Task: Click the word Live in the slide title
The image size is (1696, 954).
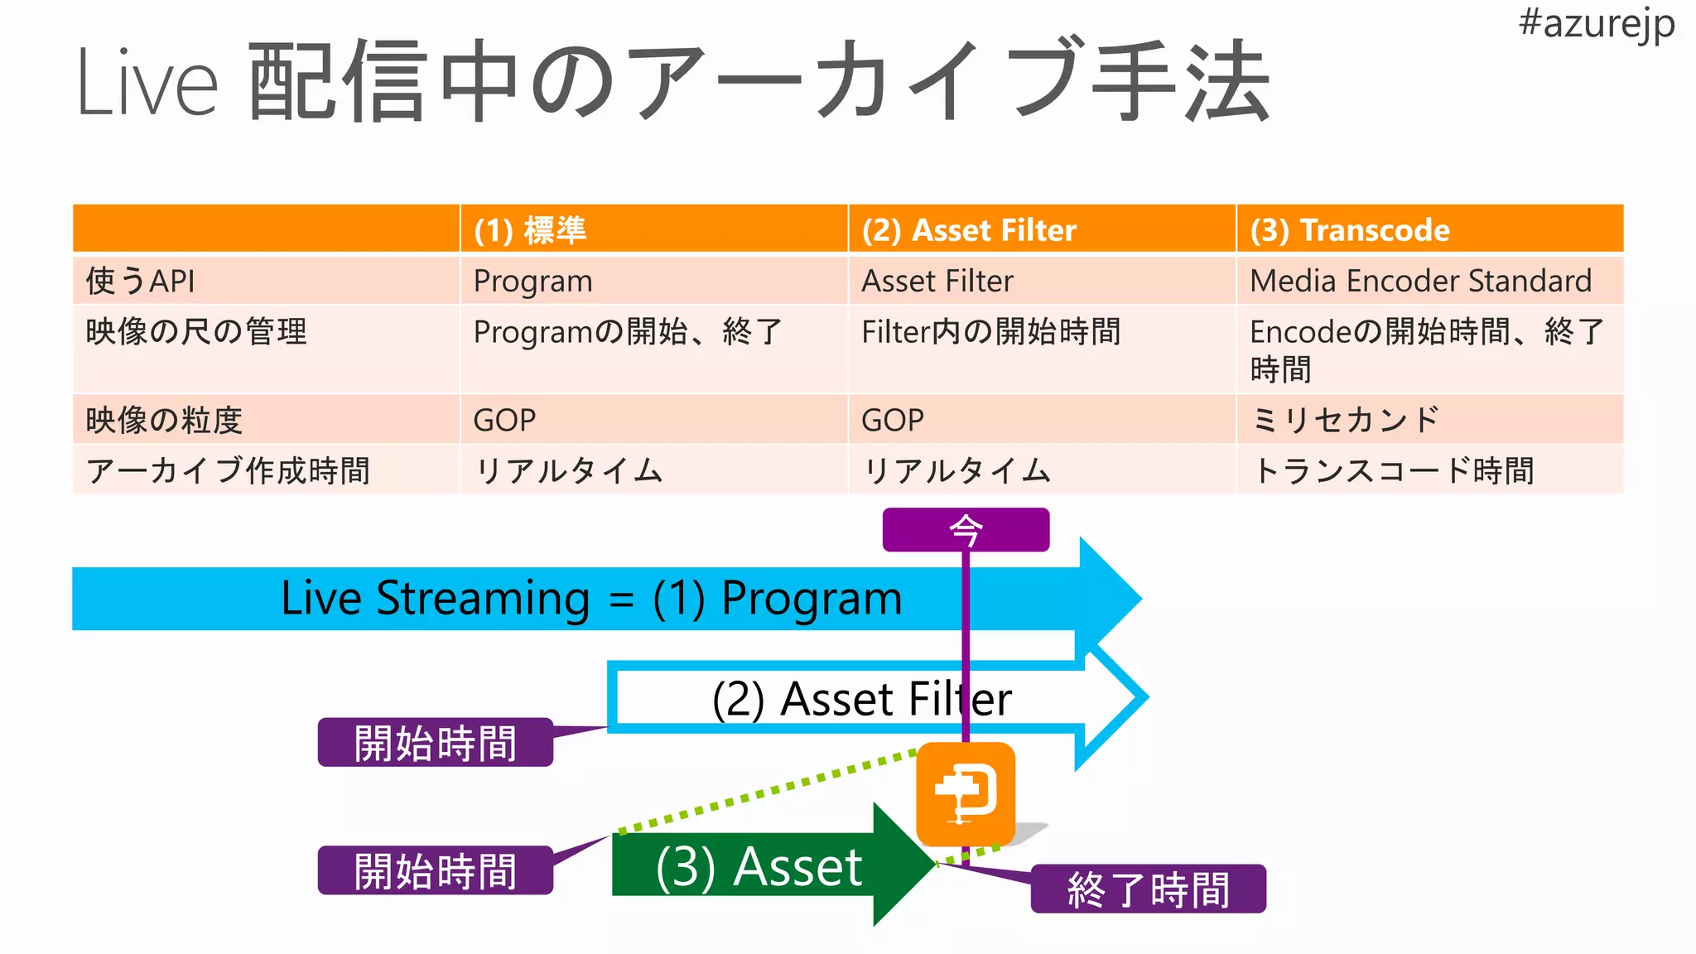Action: click(x=147, y=84)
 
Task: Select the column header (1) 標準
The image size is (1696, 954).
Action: click(x=530, y=229)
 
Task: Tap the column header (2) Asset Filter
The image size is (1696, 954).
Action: click(x=969, y=229)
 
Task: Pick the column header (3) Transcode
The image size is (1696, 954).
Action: click(x=1350, y=229)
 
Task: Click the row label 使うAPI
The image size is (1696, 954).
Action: click(x=141, y=281)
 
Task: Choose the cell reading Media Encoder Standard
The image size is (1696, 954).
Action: click(x=1420, y=281)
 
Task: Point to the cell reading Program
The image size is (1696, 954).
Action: click(x=532, y=281)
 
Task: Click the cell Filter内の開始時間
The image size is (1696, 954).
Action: click(x=990, y=332)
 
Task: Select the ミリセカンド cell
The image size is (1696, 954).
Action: click(x=1346, y=420)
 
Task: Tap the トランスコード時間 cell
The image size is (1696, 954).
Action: click(x=1393, y=470)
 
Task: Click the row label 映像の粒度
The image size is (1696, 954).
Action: click(x=164, y=420)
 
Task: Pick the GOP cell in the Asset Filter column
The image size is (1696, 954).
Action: click(x=893, y=420)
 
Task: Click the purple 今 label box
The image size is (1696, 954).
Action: click(x=966, y=530)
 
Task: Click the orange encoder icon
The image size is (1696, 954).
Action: click(x=966, y=793)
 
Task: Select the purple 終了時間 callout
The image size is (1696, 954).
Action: click(x=1148, y=889)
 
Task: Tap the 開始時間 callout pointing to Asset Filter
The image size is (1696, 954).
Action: click(x=435, y=742)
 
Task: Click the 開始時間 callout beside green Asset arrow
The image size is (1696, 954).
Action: click(x=435, y=870)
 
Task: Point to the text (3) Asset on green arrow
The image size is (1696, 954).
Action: click(x=759, y=867)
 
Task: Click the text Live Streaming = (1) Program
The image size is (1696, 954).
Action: click(x=591, y=598)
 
